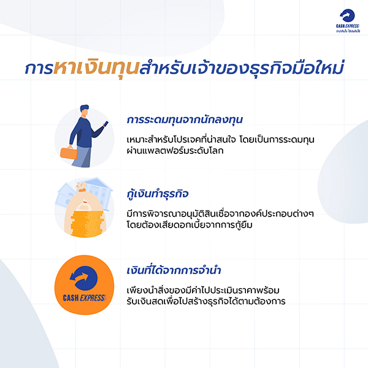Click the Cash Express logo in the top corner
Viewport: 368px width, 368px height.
point(348,21)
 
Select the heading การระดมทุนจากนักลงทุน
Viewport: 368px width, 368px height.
point(185,120)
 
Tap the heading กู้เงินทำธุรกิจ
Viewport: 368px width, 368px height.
point(158,194)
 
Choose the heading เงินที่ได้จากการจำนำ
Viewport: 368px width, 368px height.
point(174,270)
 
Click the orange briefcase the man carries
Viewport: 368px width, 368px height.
point(69,153)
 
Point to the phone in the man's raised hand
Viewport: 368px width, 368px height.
point(105,123)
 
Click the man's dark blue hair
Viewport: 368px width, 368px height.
point(84,108)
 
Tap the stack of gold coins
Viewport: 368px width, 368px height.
point(87,224)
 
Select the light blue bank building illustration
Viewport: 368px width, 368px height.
point(99,191)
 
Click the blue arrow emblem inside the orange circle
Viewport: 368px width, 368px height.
point(83,278)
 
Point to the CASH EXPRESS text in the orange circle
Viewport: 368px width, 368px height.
point(85,298)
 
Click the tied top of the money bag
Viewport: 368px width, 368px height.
point(81,186)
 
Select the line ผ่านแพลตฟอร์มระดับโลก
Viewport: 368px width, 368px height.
point(175,151)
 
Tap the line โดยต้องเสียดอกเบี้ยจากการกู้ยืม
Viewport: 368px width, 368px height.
point(190,225)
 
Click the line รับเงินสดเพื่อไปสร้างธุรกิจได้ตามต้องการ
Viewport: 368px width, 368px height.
point(206,301)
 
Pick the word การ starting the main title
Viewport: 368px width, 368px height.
point(39,69)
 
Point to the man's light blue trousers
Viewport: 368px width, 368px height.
point(83,157)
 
